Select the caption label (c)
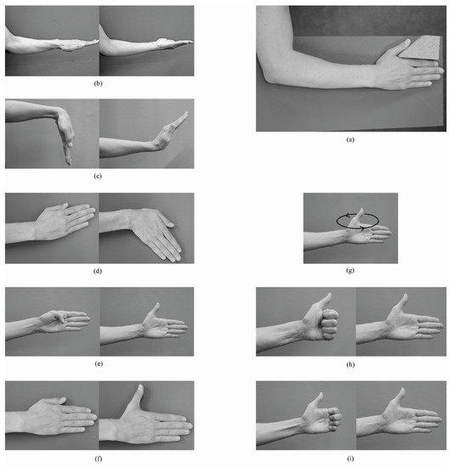pyautogui.click(x=99, y=176)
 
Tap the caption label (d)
pyautogui.click(x=99, y=271)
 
